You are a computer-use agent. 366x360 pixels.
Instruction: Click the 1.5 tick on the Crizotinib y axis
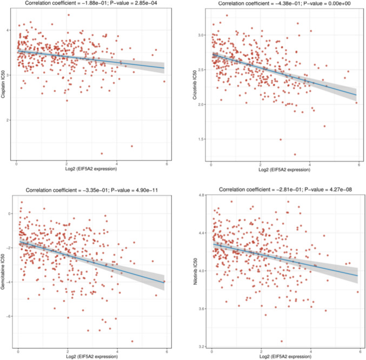click(203, 139)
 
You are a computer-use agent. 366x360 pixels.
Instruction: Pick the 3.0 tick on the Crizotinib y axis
click(203, 35)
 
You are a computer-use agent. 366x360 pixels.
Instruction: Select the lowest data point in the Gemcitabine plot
click(132, 341)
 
